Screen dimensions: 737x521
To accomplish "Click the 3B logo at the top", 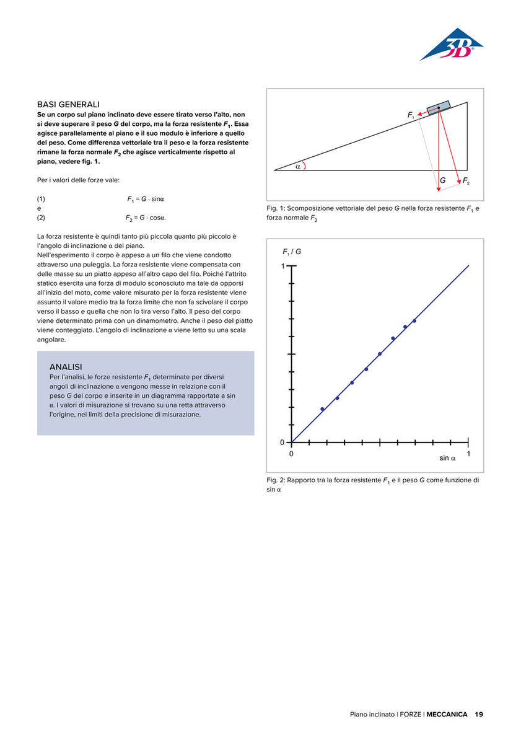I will [x=452, y=45].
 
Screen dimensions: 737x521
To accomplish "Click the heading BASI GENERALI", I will [x=69, y=105].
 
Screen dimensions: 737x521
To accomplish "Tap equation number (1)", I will [x=42, y=199].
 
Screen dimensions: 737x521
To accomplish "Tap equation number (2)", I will [x=42, y=218].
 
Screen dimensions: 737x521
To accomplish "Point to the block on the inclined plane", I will [x=438, y=108].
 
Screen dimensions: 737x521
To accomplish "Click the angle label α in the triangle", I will [x=297, y=166].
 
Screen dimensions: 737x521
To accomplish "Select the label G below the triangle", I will [x=442, y=180].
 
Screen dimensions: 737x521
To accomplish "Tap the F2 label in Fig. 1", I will [x=466, y=180].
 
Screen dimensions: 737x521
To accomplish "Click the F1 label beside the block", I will [x=411, y=115].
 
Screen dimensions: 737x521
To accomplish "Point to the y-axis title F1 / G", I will [x=292, y=252].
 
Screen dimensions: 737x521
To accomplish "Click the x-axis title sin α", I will [x=447, y=458].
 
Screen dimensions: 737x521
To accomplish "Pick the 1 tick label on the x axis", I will [x=468, y=454].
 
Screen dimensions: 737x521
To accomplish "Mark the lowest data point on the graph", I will [x=322, y=409].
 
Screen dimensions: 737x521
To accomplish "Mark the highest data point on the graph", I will [x=414, y=320].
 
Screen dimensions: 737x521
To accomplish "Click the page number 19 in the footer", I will [x=479, y=714].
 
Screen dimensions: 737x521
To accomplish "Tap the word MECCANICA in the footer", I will [x=447, y=714].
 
